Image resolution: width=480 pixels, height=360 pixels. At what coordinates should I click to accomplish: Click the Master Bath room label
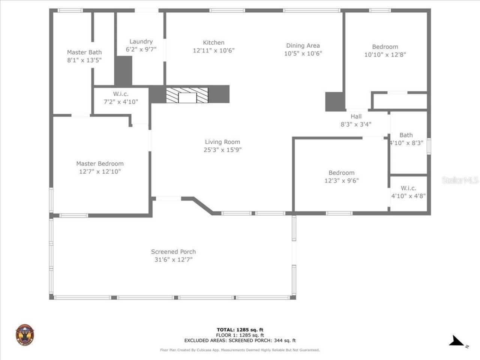point(84,52)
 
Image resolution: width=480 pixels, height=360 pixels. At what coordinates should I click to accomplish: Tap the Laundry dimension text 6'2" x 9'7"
point(141,49)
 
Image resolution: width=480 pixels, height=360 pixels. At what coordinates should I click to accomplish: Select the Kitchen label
point(214,43)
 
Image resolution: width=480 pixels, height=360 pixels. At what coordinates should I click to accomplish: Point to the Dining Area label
point(303,46)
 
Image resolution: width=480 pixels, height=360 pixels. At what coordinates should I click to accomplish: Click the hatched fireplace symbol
point(187,96)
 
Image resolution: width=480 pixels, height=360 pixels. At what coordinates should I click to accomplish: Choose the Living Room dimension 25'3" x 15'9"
point(222,150)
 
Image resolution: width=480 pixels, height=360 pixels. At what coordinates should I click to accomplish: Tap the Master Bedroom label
point(100,164)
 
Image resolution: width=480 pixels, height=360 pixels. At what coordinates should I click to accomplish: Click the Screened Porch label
point(173,252)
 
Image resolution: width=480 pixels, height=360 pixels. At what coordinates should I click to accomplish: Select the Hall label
point(356,117)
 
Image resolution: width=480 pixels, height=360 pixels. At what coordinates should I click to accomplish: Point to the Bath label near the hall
point(406,135)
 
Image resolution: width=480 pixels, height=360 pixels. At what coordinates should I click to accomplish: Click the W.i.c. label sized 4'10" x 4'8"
point(408,188)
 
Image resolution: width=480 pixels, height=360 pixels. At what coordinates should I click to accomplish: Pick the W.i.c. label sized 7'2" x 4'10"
point(121,94)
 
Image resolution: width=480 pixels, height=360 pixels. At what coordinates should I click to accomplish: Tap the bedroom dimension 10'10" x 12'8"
point(385,55)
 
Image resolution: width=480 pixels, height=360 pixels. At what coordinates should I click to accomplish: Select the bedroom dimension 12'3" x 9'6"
point(341,181)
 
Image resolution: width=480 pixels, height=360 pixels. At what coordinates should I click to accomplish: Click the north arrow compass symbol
point(457,341)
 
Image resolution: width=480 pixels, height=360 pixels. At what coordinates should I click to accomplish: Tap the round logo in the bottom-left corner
point(25,334)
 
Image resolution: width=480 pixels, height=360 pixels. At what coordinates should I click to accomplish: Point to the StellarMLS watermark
point(460,180)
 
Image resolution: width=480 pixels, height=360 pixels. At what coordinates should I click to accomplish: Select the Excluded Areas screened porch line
point(240,340)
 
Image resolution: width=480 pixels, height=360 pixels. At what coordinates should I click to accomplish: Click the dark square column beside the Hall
point(334,101)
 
